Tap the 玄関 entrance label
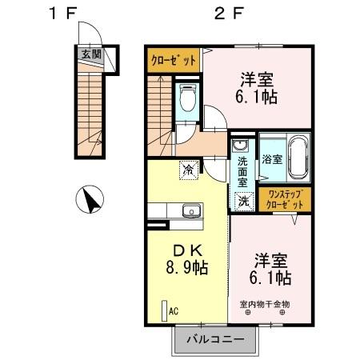pos(90,55)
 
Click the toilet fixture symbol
pos(189,99)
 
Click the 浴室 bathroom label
pos(271,158)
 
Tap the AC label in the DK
pos(173,312)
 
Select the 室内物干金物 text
pos(265,303)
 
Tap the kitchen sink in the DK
pos(190,211)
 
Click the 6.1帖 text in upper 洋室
pos(257,97)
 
